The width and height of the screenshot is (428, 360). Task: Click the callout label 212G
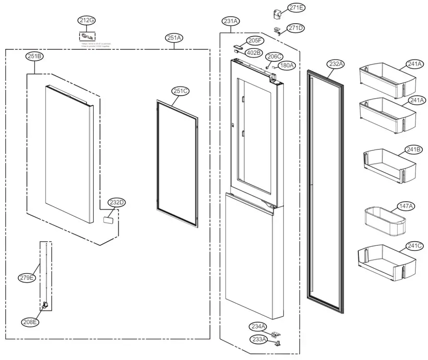point(87,20)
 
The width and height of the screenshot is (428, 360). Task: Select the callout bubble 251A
point(174,37)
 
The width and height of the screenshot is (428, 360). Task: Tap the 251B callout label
point(35,56)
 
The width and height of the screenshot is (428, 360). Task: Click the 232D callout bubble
point(116,202)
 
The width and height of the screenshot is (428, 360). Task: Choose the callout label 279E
point(27,277)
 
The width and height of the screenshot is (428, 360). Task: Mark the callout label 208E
point(30,322)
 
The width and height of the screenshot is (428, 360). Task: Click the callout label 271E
point(296,8)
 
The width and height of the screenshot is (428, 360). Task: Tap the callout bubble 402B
point(254,52)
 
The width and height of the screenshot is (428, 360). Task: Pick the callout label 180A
point(287,65)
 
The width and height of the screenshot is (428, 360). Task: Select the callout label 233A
point(258,339)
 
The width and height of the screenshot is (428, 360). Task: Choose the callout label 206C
point(275,56)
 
